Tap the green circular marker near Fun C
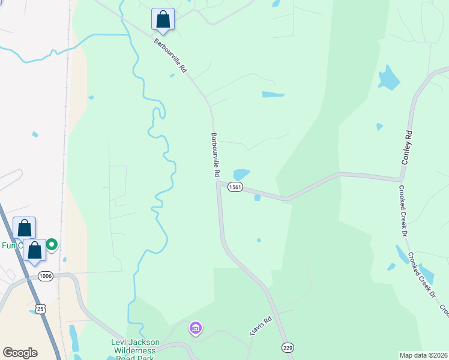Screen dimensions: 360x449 click(x=52, y=244)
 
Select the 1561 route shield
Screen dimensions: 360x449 click(x=235, y=188)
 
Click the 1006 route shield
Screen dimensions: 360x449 click(x=46, y=276)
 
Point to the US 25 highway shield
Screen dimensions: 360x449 click(x=40, y=308)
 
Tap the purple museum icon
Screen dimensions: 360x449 click(x=195, y=328)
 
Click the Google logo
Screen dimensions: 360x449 click(x=20, y=353)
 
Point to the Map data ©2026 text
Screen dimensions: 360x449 click(x=424, y=355)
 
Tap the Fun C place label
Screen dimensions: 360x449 click(x=11, y=245)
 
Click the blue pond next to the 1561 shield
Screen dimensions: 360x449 click(x=241, y=174)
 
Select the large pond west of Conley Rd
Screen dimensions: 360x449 click(x=388, y=78)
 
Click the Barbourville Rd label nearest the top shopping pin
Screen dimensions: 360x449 click(x=170, y=56)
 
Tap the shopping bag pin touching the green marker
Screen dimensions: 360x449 click(x=35, y=250)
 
